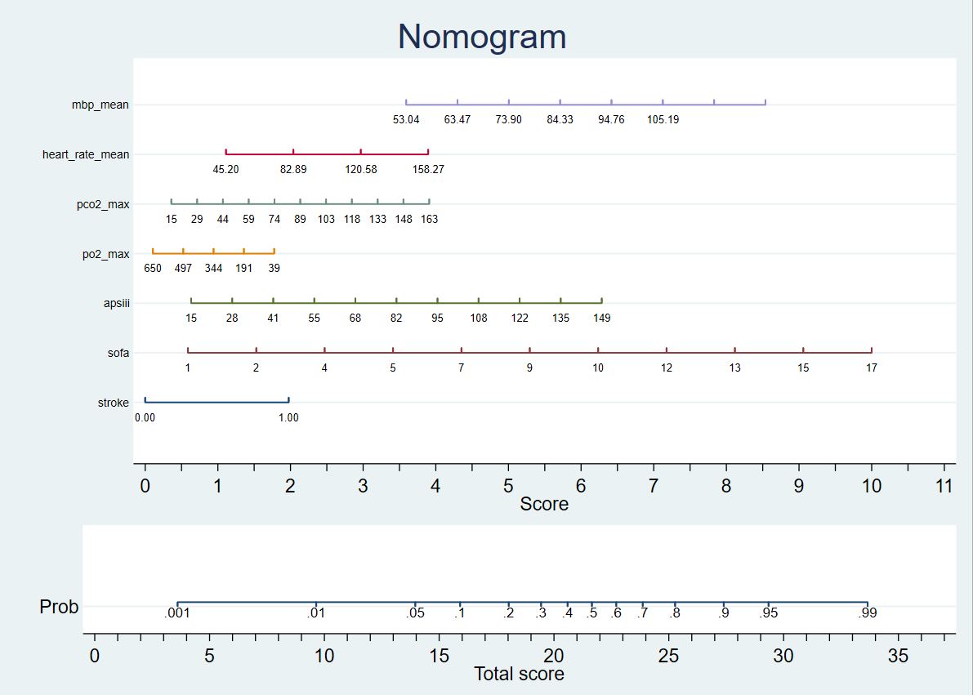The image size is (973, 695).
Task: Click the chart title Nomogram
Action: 482,38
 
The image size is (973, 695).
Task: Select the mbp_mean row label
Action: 100,105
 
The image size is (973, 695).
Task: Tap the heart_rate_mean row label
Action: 86,154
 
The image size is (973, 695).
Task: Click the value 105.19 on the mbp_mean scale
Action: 663,119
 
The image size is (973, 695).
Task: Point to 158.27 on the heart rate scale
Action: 428,169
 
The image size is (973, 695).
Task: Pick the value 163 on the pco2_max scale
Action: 429,219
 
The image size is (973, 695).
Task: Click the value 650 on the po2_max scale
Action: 153,268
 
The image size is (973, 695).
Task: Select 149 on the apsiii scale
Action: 602,318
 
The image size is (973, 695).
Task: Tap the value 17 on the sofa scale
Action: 872,368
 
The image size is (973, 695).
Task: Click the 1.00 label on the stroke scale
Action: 288,417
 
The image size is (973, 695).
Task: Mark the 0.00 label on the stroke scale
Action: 145,417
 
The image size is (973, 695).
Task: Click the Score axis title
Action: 544,504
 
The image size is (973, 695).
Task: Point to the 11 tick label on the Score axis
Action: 944,486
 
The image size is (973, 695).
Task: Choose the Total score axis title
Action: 519,674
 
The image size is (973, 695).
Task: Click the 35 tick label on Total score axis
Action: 898,655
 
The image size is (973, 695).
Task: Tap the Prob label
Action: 59,607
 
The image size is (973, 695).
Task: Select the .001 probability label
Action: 177,613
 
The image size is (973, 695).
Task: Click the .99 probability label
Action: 867,613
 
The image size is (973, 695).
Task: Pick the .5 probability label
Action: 591,613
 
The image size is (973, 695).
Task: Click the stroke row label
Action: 113,403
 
